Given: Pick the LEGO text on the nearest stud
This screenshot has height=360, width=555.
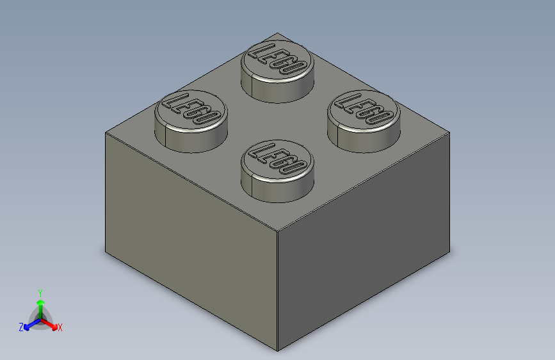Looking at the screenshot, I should (x=277, y=160).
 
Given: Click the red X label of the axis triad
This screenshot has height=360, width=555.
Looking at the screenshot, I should (x=60, y=327).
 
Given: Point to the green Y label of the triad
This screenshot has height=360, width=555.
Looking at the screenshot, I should (x=40, y=291).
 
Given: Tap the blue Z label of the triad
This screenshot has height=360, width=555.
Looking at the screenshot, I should (x=21, y=327).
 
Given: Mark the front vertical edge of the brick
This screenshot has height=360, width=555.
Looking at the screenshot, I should (x=277, y=288).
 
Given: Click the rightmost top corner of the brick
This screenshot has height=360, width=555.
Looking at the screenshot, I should (x=449, y=134).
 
